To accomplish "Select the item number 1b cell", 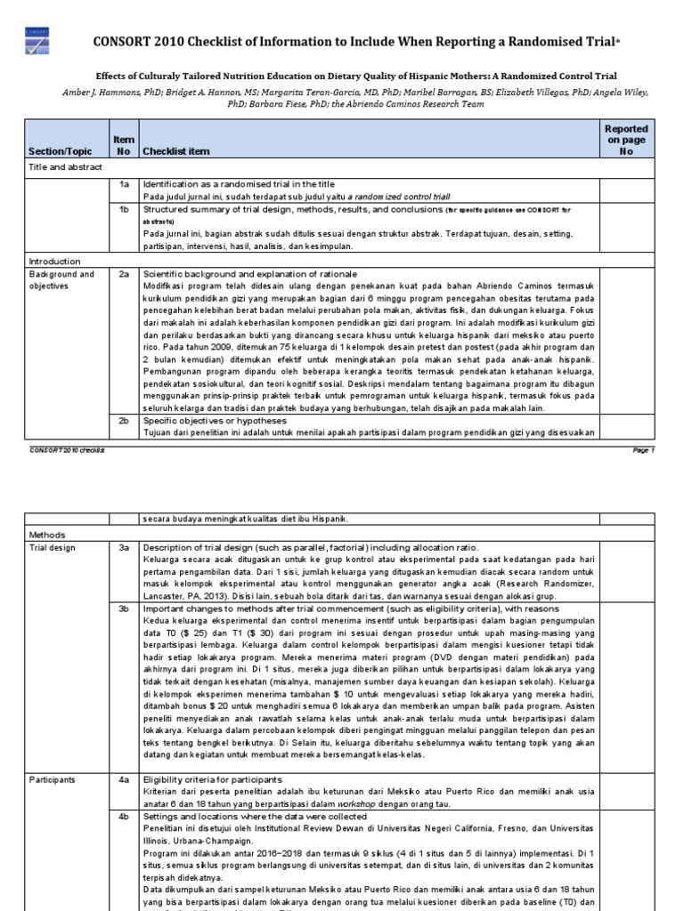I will (x=125, y=209).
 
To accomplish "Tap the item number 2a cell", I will (x=125, y=275).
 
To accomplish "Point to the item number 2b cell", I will (x=125, y=420).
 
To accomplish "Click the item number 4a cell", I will (x=125, y=779).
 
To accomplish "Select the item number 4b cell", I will (x=125, y=817).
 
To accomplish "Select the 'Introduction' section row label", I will (x=54, y=262).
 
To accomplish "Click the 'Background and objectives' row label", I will (x=61, y=281).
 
